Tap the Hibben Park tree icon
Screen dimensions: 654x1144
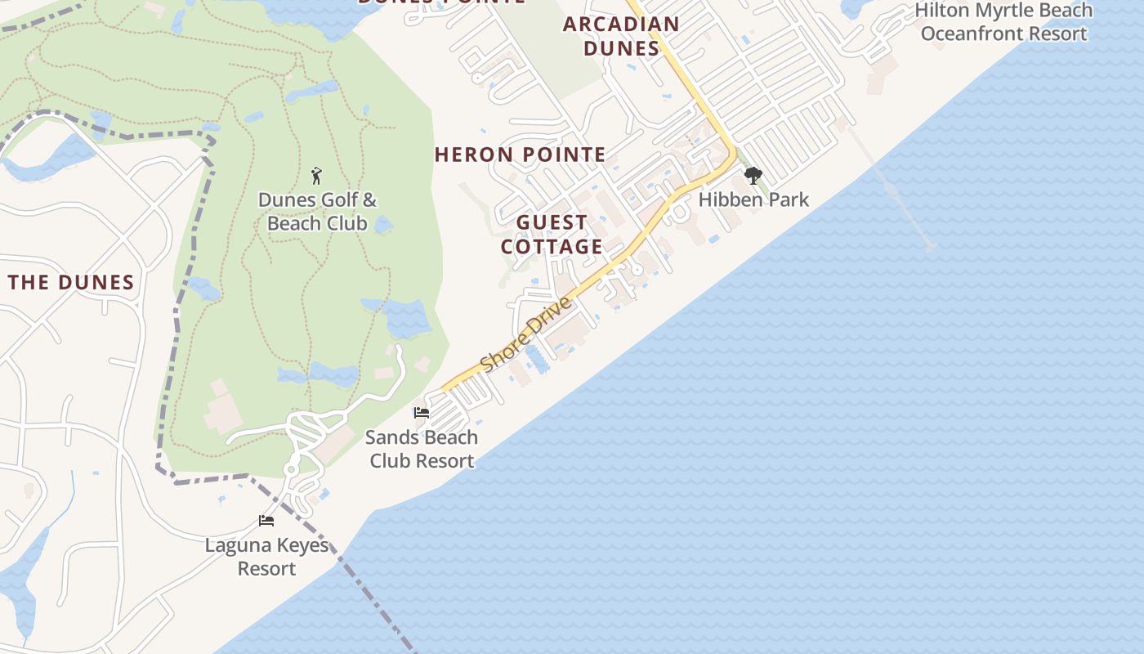tap(753, 175)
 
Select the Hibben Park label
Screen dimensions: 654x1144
tap(753, 199)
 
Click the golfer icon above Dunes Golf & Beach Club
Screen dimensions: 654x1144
tap(317, 175)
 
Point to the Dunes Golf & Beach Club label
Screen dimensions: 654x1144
tap(317, 212)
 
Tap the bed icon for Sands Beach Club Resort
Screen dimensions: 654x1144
tap(422, 413)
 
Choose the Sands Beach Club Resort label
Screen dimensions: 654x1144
tap(422, 449)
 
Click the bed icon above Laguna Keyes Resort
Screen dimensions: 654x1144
tap(266, 520)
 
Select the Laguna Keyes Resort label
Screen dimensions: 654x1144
tap(266, 557)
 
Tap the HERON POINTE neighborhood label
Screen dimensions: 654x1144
tap(521, 155)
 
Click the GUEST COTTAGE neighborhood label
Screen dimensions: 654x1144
tap(552, 235)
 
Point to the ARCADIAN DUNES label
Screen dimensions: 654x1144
tap(621, 36)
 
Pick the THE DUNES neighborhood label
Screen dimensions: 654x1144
tap(71, 283)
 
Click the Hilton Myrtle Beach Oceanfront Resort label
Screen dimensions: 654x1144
tap(1003, 22)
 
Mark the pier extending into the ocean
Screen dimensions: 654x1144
tap(891, 188)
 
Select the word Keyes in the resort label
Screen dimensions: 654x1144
tap(302, 545)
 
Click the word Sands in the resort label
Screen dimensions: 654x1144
tap(391, 437)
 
